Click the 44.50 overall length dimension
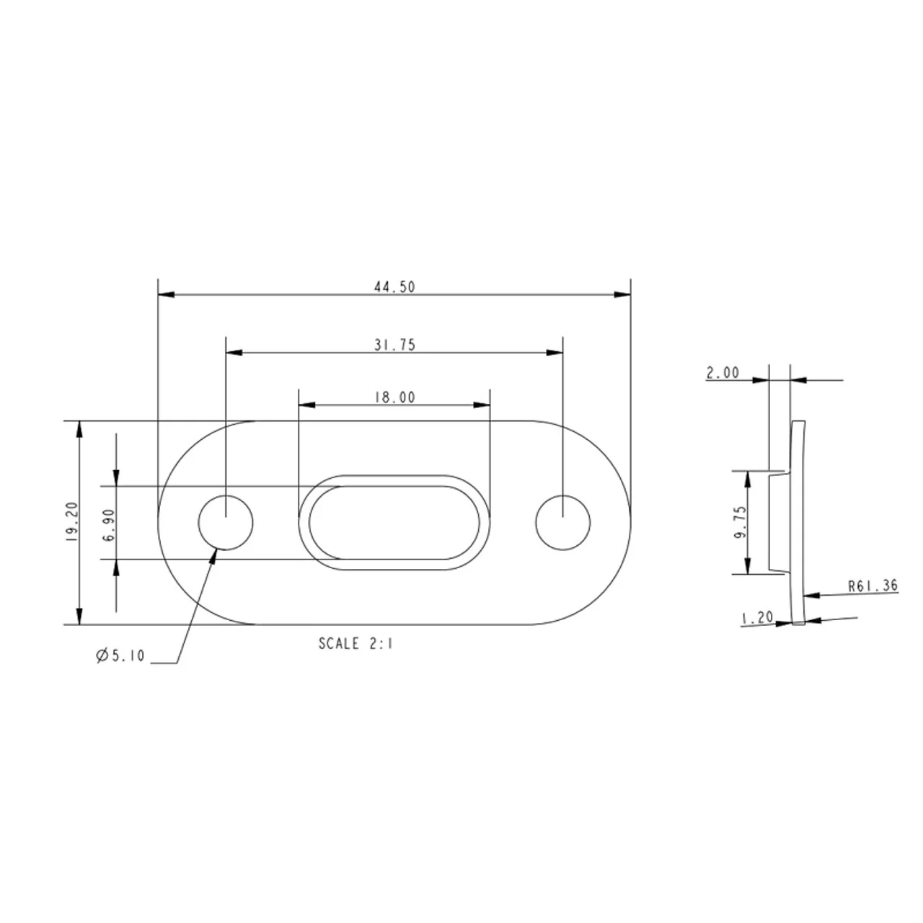[394, 287]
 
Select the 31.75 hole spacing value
[394, 345]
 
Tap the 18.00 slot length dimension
[394, 397]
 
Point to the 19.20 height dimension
[72, 521]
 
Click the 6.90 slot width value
[109, 525]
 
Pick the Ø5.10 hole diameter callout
[120, 655]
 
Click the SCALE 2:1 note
[355, 643]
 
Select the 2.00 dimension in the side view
[723, 372]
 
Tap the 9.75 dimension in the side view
[740, 522]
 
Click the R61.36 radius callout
[873, 586]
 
